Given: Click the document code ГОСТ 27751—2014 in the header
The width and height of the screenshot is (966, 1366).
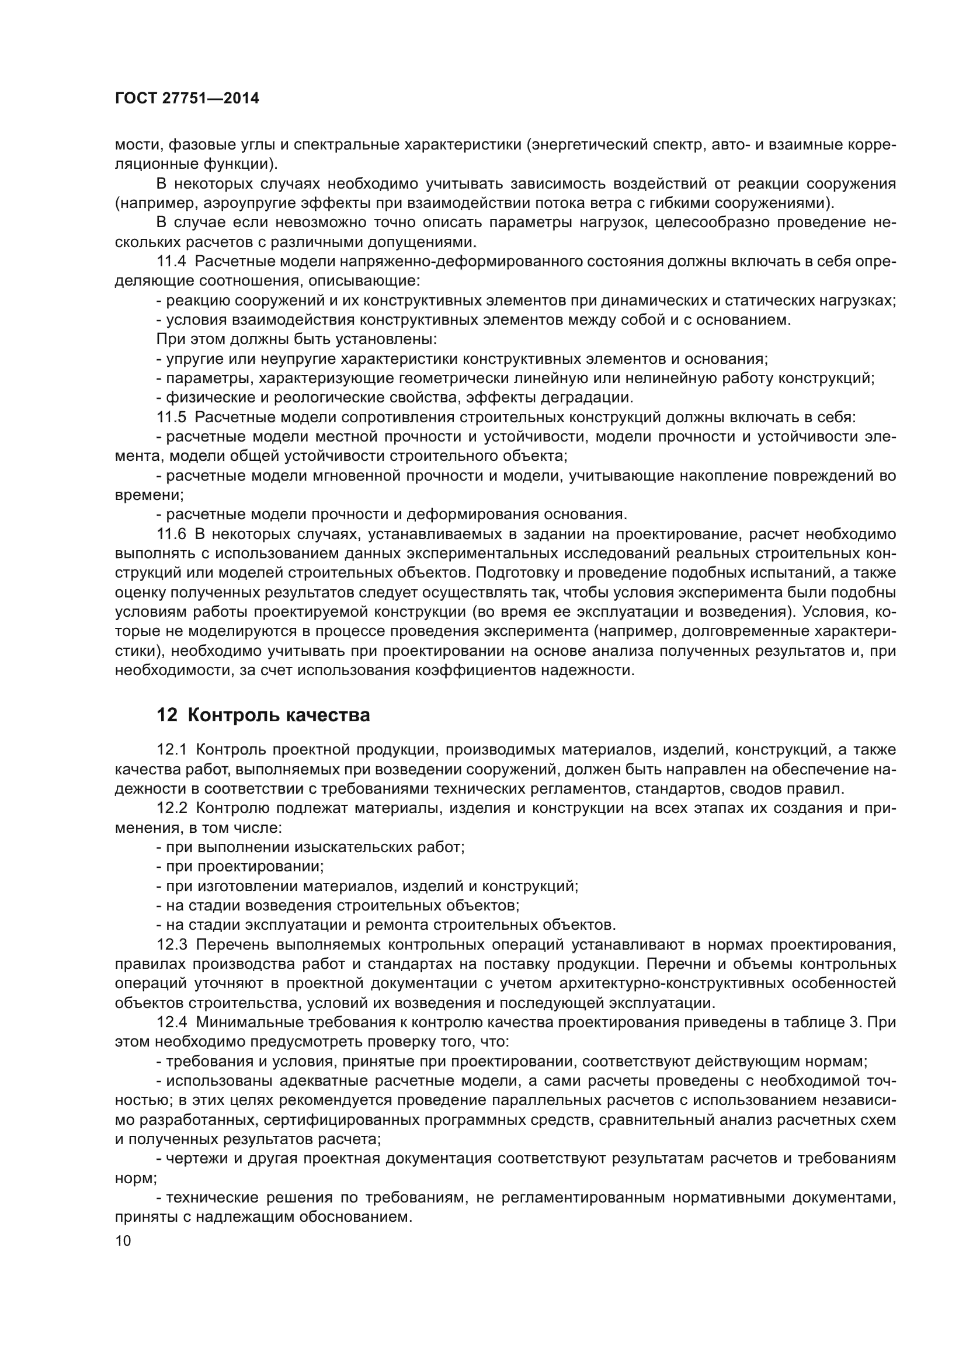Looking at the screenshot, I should [x=187, y=99].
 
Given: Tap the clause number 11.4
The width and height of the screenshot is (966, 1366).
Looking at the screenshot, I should [x=172, y=262].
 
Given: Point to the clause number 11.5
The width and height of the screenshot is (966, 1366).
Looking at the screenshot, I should [x=172, y=417].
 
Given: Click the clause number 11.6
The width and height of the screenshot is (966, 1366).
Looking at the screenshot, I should [x=172, y=534].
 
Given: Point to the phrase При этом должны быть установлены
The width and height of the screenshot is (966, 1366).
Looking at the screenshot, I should [x=296, y=340].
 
